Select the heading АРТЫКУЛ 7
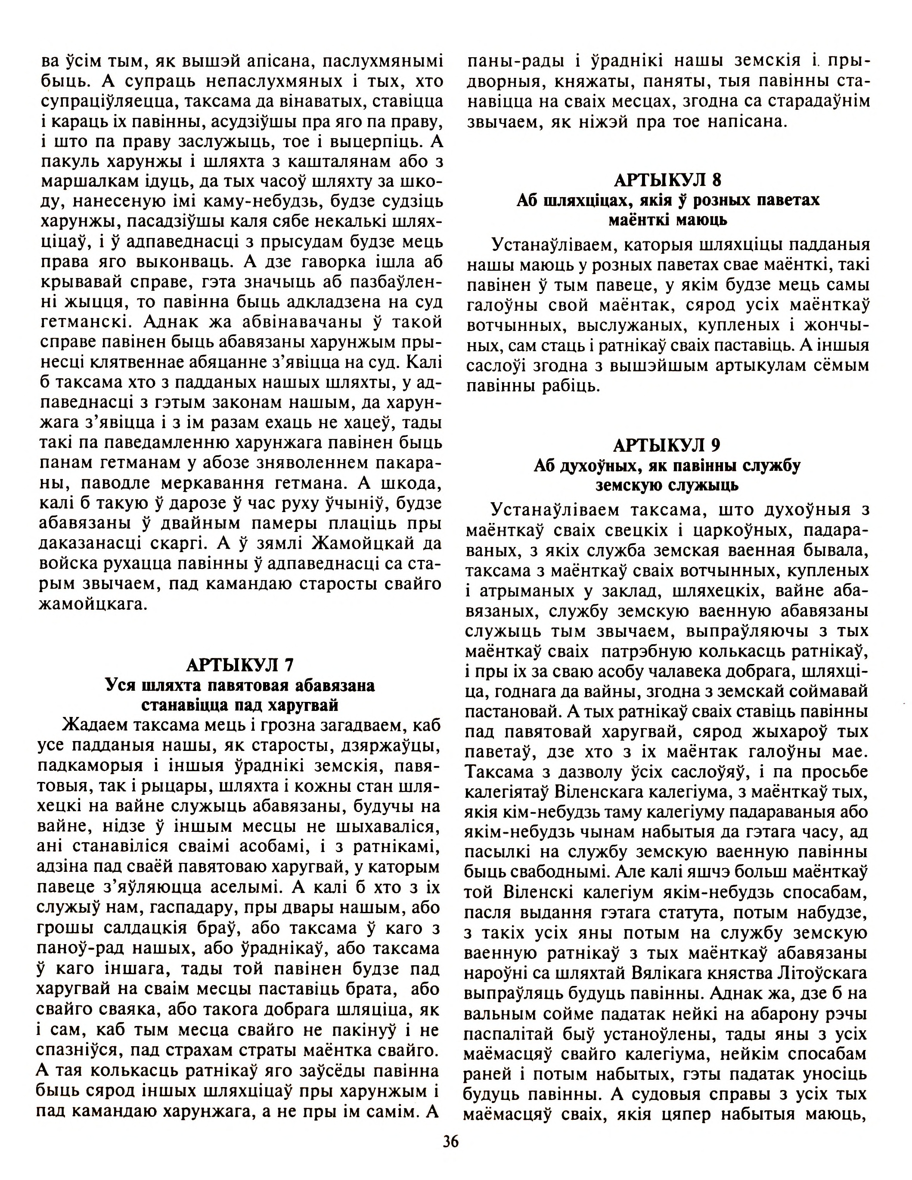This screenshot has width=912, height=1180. pyautogui.click(x=239, y=664)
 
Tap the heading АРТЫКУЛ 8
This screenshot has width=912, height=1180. pyautogui.click(x=667, y=179)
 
